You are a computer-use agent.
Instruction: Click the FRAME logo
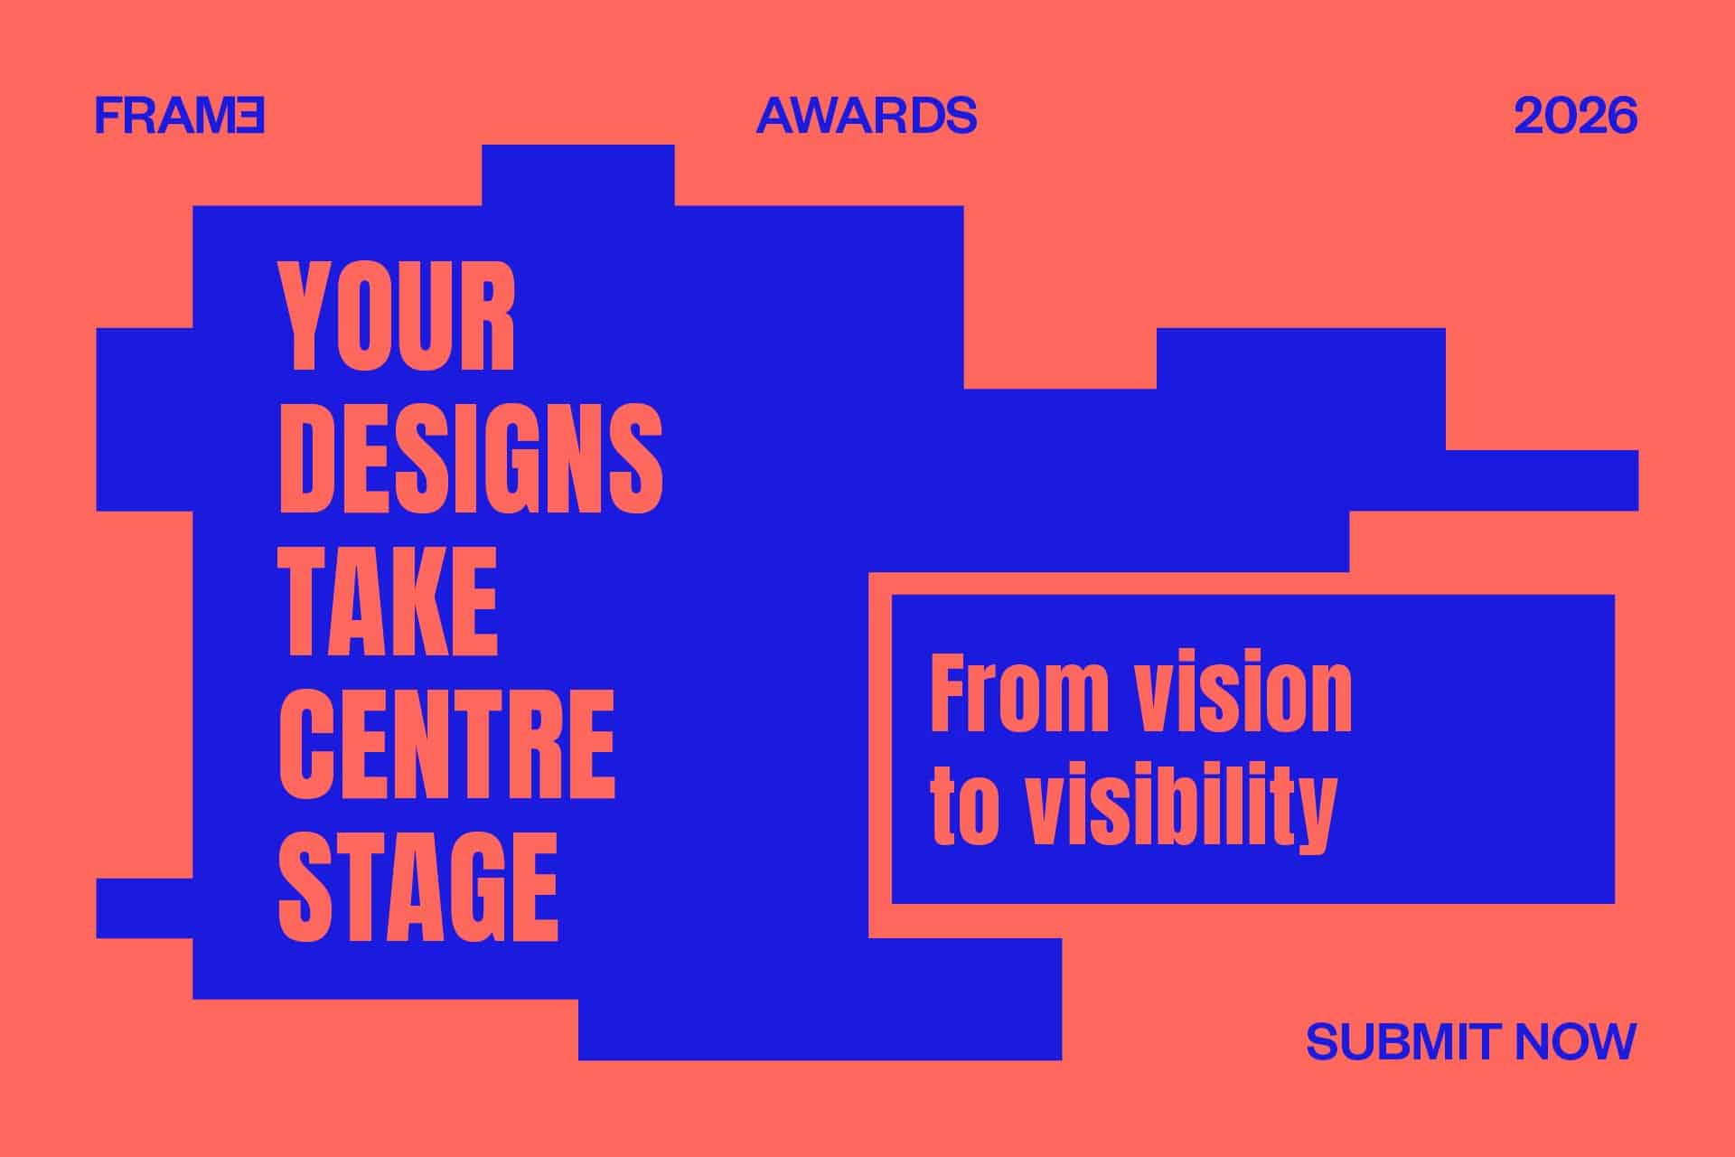pyautogui.click(x=180, y=116)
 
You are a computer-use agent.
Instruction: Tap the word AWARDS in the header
pyautogui.click(x=867, y=116)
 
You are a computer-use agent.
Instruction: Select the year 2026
pyautogui.click(x=1575, y=116)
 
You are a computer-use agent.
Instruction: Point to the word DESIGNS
pyautogui.click(x=470, y=459)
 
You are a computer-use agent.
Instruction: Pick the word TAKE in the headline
pyautogui.click(x=388, y=601)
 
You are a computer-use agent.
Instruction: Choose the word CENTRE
pyautogui.click(x=446, y=743)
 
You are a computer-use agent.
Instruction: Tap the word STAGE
pyautogui.click(x=417, y=886)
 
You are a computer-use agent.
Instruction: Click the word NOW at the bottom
pyautogui.click(x=1576, y=1041)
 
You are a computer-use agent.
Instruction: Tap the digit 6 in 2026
pyautogui.click(x=1620, y=116)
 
